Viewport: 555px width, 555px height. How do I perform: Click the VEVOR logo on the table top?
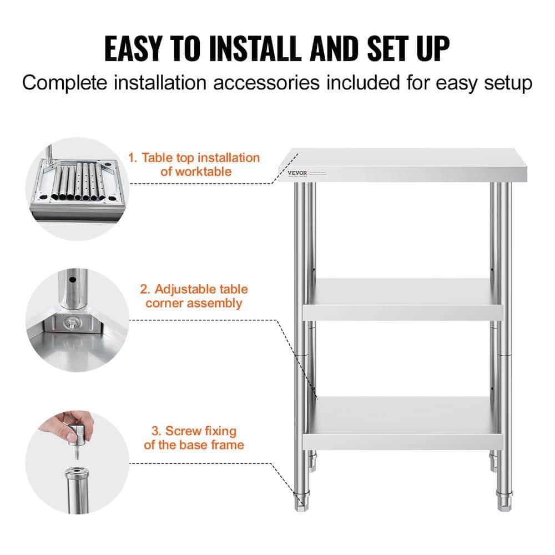(296, 173)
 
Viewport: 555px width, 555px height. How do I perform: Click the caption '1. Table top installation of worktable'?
(194, 165)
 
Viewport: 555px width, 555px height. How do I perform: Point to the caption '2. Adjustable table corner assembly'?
(193, 296)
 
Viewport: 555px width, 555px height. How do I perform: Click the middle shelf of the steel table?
(402, 300)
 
